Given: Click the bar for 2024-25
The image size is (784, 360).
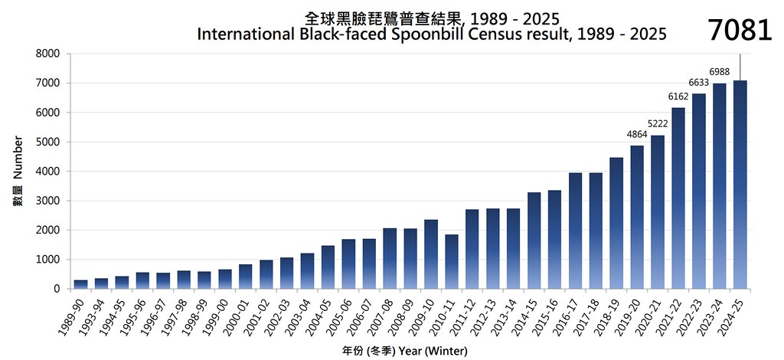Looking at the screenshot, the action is (740, 185).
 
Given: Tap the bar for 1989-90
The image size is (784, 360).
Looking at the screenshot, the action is (81, 284).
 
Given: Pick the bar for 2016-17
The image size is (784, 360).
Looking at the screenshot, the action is (575, 231).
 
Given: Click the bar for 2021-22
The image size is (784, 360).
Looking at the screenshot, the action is (678, 198).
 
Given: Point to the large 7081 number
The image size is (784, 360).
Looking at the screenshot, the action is (740, 31).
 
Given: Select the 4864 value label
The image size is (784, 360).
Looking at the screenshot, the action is (637, 135).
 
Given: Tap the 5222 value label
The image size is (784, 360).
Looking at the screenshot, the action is (658, 124).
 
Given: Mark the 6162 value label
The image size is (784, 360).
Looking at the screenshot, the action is (678, 97).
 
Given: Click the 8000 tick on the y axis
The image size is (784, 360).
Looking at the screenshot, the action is (47, 54).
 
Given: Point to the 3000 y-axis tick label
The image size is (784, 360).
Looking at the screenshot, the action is (47, 201).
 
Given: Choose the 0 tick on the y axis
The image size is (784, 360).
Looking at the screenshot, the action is (56, 289).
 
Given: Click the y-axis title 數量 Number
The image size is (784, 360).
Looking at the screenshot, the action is (18, 171).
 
